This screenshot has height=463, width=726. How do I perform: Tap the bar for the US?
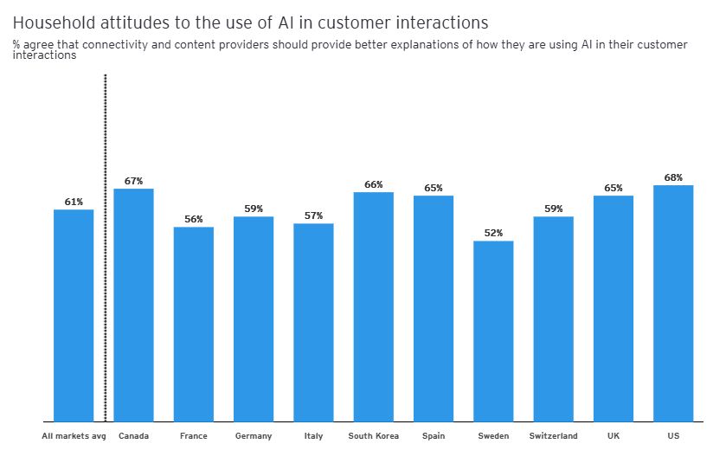point(673,303)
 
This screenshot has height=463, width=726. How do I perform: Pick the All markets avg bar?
point(74,315)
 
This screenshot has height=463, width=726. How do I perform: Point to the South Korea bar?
point(373,306)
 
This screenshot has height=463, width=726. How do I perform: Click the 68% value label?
point(673,177)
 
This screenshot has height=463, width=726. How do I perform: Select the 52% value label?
point(493,233)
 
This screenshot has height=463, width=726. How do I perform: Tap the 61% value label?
point(74,202)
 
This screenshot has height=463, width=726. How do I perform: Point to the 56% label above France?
point(194,219)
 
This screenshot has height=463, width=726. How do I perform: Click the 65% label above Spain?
point(434,188)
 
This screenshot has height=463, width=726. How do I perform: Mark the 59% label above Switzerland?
point(553,209)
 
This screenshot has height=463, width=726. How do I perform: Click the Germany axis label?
point(254,436)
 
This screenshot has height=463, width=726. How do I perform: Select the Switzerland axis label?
point(553,436)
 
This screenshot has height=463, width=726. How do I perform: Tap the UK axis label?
point(614,436)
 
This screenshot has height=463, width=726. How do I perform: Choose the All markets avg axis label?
point(74,436)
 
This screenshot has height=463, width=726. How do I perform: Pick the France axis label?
point(194,436)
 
